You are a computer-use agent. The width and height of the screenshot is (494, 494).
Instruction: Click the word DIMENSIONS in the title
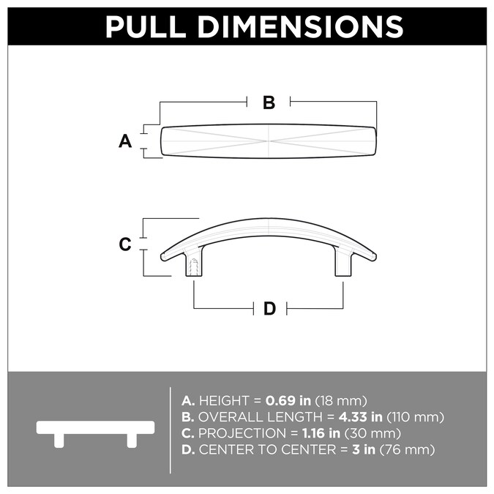307,27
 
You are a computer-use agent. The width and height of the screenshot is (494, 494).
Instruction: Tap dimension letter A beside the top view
125,141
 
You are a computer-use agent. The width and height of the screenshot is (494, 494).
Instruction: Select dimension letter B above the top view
269,103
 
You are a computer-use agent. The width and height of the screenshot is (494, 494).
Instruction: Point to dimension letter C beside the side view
125,244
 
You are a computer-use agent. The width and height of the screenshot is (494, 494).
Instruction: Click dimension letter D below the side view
269,309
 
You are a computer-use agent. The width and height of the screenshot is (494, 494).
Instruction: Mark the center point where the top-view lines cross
269,141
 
